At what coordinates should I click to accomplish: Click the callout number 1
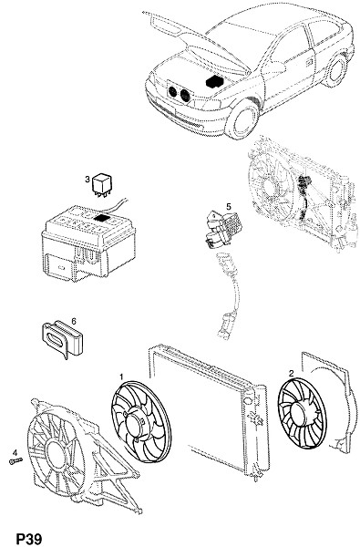[121, 377]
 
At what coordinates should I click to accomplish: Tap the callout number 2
[292, 373]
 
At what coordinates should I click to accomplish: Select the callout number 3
[87, 180]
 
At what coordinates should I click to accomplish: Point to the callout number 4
[15, 452]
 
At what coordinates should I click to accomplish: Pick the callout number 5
[229, 207]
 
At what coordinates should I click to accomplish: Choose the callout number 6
[74, 320]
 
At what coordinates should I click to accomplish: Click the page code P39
[30, 538]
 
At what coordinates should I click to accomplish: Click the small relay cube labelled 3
[102, 184]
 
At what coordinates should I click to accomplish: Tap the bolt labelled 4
[15, 461]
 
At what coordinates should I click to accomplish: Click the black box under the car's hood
[216, 82]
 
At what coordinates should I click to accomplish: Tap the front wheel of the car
[244, 119]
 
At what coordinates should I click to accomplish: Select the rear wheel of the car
[336, 71]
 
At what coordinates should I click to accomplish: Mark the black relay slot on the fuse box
[101, 219]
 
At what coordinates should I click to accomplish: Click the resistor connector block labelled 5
[221, 228]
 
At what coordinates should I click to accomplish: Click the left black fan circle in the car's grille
[172, 92]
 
